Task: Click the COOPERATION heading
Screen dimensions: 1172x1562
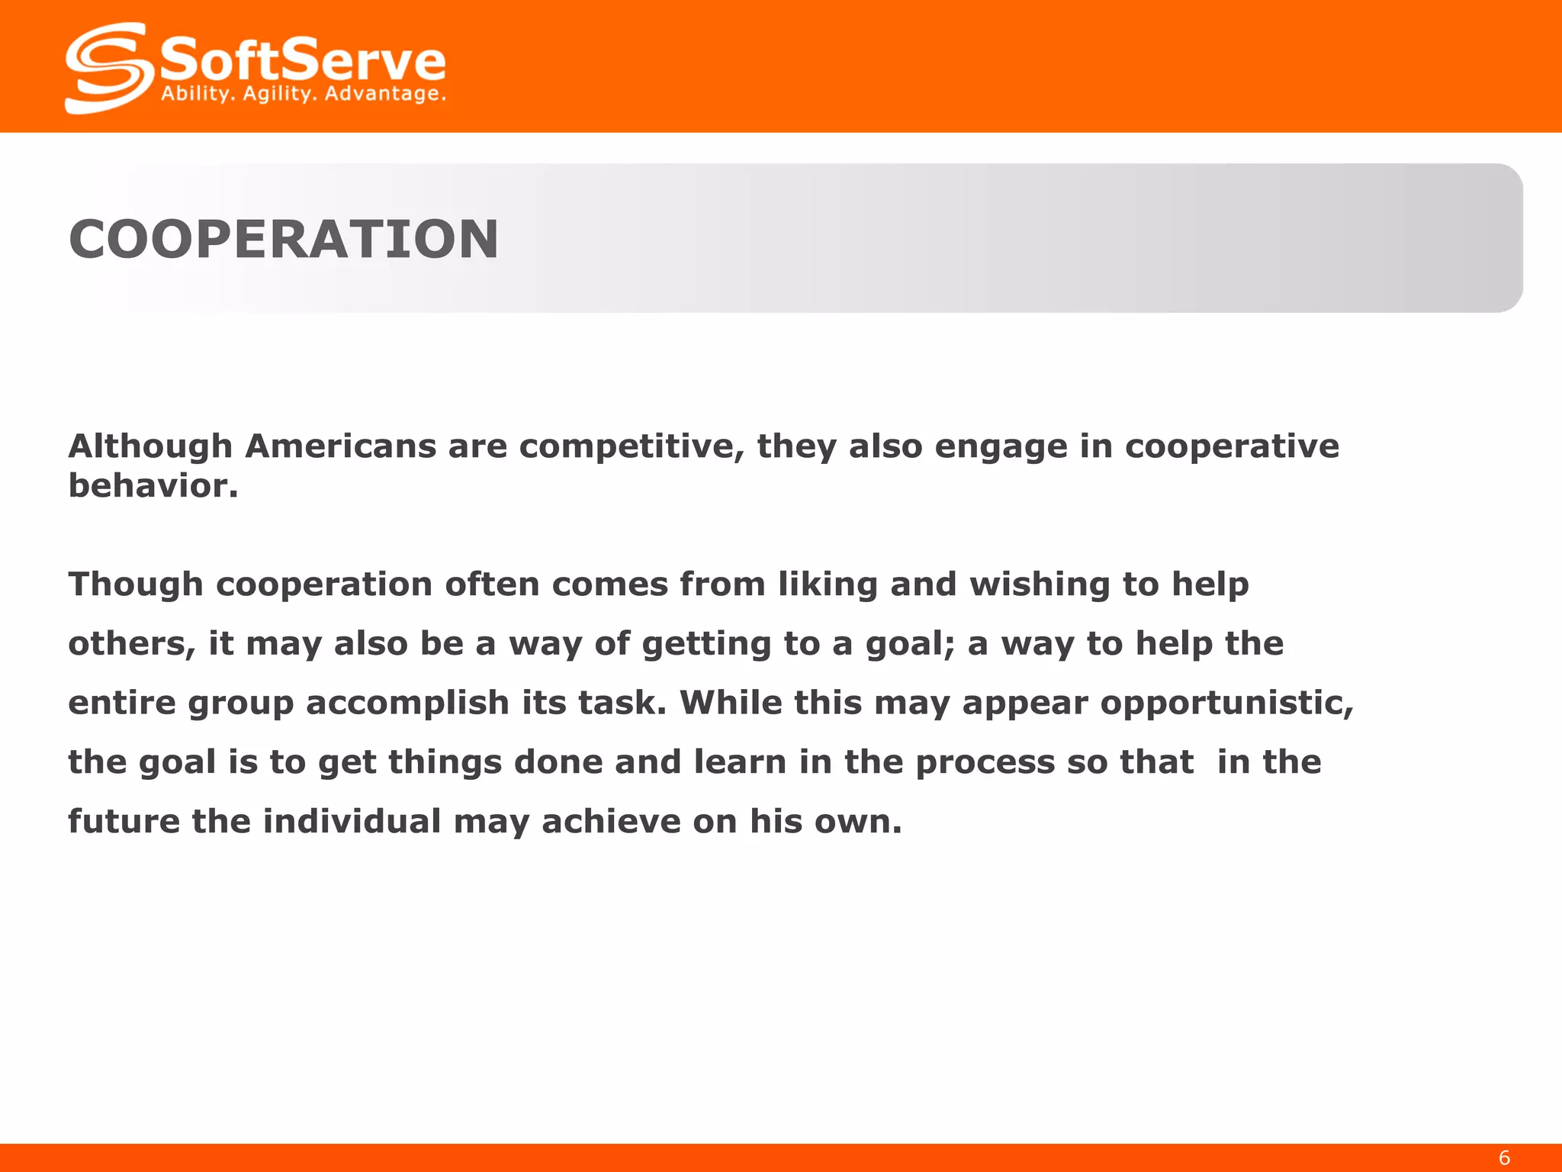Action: click(284, 240)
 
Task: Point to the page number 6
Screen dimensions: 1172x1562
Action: click(1504, 1158)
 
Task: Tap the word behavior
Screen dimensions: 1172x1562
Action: click(153, 486)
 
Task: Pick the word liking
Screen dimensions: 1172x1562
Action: click(828, 585)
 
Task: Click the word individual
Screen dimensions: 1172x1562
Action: click(352, 822)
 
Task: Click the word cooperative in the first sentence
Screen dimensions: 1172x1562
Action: click(1232, 446)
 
